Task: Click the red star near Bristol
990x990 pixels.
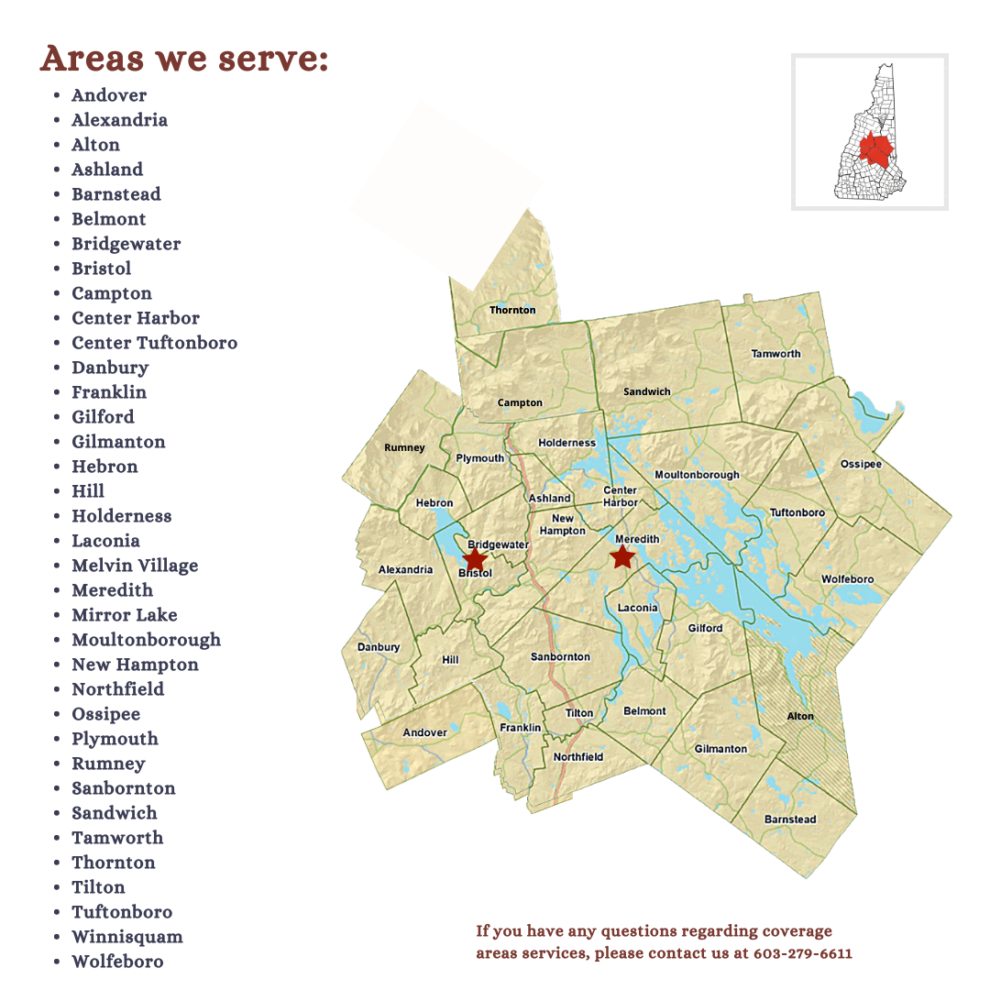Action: (475, 558)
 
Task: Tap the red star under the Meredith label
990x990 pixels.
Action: (622, 555)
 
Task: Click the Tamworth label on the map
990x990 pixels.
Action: (775, 354)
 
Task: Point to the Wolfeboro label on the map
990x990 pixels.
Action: (847, 579)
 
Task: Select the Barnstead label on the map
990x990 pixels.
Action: (789, 819)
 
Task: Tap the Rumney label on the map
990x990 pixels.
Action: (404, 448)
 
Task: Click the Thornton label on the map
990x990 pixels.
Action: (512, 310)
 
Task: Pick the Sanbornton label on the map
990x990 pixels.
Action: (560, 657)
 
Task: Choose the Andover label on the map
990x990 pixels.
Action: (425, 732)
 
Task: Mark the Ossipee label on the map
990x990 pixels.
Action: (861, 465)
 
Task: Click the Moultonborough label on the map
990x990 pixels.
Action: (697, 475)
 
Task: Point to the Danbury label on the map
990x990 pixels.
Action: (379, 647)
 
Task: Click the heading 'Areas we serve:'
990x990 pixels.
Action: (184, 59)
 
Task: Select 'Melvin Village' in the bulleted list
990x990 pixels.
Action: (135, 566)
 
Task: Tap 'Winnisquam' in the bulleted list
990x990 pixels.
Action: (127, 937)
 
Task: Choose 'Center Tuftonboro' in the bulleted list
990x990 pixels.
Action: (154, 343)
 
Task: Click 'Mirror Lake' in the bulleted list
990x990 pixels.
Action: (125, 615)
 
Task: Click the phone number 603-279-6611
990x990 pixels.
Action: (803, 953)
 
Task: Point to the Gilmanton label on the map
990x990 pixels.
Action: (720, 749)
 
